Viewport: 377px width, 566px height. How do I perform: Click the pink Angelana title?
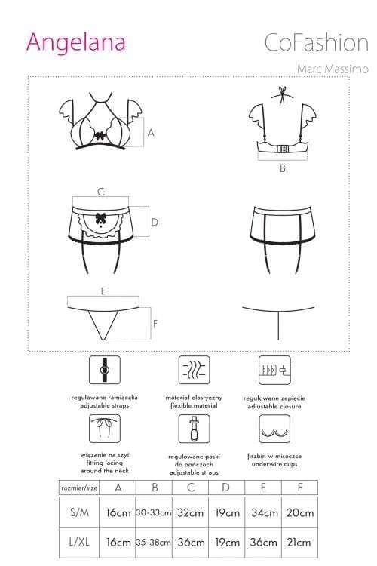click(x=75, y=42)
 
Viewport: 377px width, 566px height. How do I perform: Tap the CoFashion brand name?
click(x=316, y=42)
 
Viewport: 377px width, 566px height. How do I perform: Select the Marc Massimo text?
click(x=333, y=69)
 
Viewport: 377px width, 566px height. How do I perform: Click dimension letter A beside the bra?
click(x=151, y=133)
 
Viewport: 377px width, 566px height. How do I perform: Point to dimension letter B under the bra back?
click(x=283, y=168)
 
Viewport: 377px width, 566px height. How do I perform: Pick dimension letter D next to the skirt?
click(x=155, y=222)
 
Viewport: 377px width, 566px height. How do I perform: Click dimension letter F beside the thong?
click(x=155, y=324)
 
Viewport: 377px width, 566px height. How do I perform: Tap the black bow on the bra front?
click(x=100, y=136)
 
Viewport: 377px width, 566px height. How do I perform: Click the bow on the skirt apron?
click(x=100, y=217)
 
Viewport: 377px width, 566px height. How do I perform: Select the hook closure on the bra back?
click(x=283, y=149)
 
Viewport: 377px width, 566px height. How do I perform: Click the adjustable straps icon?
click(x=105, y=370)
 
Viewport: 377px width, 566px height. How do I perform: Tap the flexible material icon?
click(x=194, y=370)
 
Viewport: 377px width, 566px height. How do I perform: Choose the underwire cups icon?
click(x=274, y=429)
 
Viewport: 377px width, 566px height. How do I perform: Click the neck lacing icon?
click(x=105, y=429)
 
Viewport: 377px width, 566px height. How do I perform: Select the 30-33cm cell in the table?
click(x=154, y=512)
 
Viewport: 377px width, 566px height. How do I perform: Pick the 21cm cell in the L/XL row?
click(x=299, y=542)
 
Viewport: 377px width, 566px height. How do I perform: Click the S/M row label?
click(x=79, y=512)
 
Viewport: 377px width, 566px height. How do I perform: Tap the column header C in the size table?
click(x=191, y=488)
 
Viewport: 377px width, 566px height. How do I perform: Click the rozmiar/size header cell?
click(x=79, y=488)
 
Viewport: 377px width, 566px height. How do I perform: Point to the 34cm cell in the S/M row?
click(x=265, y=512)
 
